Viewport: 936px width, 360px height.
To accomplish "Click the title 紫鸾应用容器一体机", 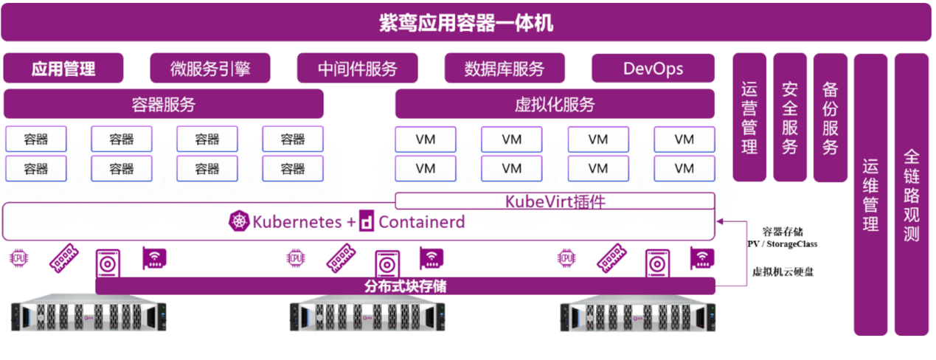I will [467, 23].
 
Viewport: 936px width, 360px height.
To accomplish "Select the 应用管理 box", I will [63, 69].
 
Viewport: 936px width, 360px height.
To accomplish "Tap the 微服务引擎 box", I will [210, 69].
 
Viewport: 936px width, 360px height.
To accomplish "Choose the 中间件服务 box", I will [358, 69].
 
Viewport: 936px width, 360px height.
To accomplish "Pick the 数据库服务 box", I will [505, 69].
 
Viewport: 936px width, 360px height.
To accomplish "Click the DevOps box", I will [653, 69].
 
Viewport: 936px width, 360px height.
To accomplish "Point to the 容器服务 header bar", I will [164, 104].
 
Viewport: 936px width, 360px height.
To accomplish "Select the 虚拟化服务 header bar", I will [555, 104].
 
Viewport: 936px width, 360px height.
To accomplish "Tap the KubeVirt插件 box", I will [555, 201].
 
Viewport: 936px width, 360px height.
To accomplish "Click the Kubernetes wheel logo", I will [239, 221].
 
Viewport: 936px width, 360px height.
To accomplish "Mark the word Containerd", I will [421, 221].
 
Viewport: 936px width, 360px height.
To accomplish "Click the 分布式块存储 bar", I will [405, 286].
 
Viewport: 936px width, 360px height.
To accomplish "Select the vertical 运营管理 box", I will [749, 117].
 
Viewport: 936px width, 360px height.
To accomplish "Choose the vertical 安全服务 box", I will [790, 117].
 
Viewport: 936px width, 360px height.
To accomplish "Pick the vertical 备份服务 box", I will [831, 117].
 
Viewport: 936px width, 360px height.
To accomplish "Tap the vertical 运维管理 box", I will [870, 195].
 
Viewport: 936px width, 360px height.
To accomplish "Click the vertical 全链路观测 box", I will [912, 195].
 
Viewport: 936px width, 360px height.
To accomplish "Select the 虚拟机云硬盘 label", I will [783, 272].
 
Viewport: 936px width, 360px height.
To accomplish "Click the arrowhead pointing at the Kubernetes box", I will [721, 220].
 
